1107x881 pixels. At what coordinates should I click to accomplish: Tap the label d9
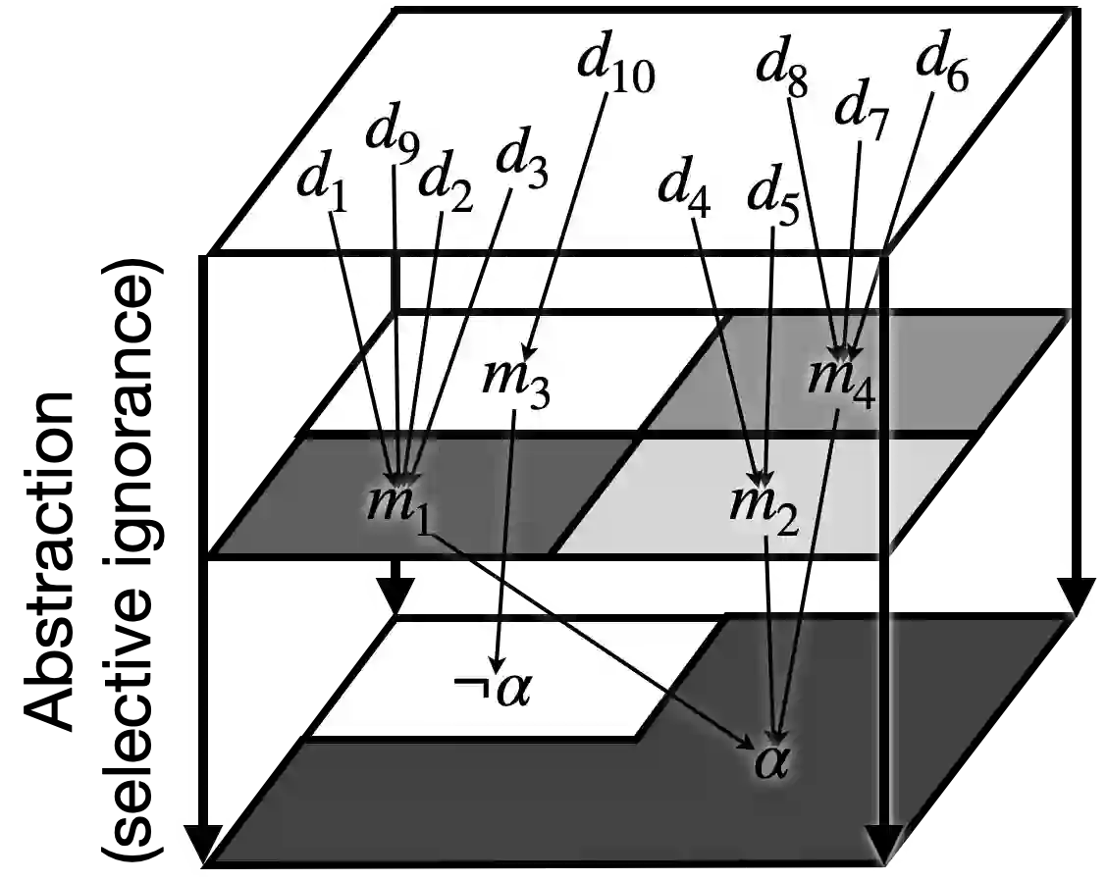pos(392,139)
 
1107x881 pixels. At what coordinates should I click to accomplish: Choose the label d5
pos(774,193)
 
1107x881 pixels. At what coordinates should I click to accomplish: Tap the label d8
pos(782,71)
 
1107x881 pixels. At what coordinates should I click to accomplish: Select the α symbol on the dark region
pos(771,760)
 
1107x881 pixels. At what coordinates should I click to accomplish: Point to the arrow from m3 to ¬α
pos(508,540)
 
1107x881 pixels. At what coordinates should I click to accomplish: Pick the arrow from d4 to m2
pos(726,343)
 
